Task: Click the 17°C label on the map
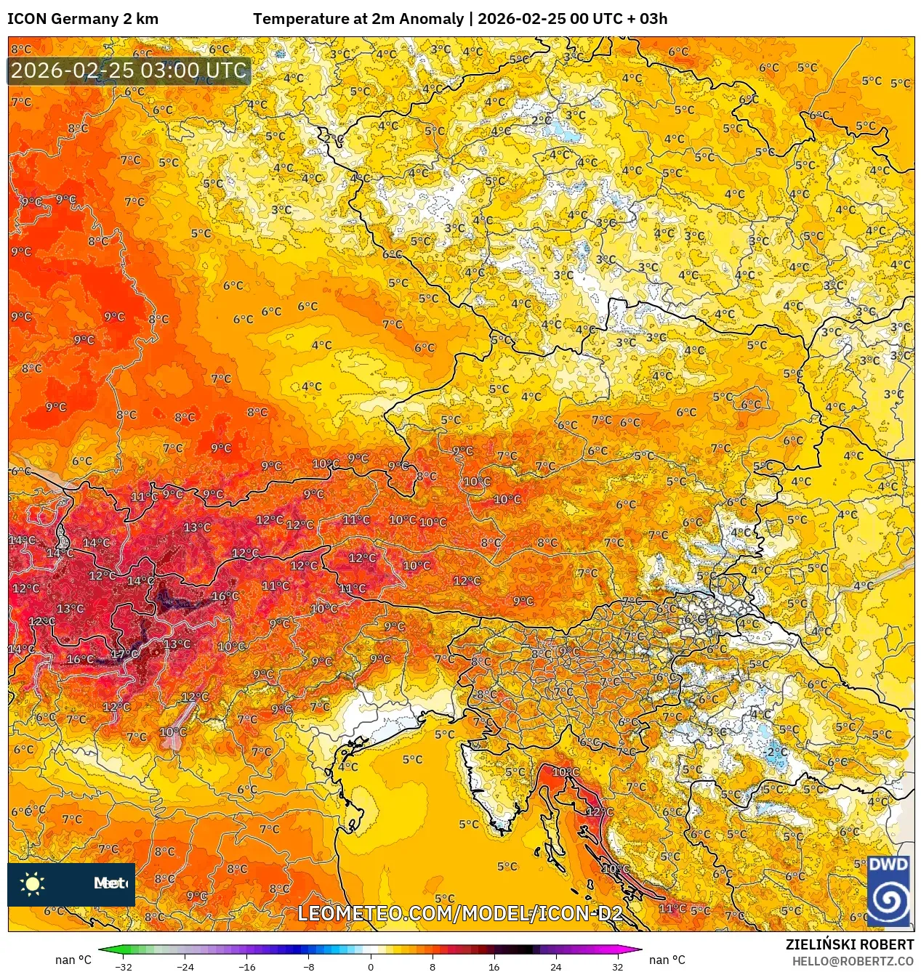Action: [x=124, y=654]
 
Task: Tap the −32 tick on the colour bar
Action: [x=124, y=966]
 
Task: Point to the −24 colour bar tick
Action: [x=185, y=966]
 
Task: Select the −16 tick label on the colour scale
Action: [x=247, y=966]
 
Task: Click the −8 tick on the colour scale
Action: [x=309, y=966]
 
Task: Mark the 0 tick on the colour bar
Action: [x=371, y=966]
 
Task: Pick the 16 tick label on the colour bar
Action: [x=494, y=966]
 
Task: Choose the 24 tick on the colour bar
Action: [x=556, y=966]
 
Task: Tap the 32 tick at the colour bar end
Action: [x=617, y=966]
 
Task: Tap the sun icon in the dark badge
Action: [x=33, y=884]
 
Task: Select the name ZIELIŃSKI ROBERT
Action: [x=849, y=944]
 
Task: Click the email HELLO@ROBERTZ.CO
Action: [x=852, y=961]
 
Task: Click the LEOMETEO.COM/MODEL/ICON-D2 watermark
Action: [x=460, y=913]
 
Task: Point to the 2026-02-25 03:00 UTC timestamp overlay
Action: [x=129, y=71]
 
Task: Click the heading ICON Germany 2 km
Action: [x=83, y=19]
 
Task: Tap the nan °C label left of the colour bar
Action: [x=73, y=960]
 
